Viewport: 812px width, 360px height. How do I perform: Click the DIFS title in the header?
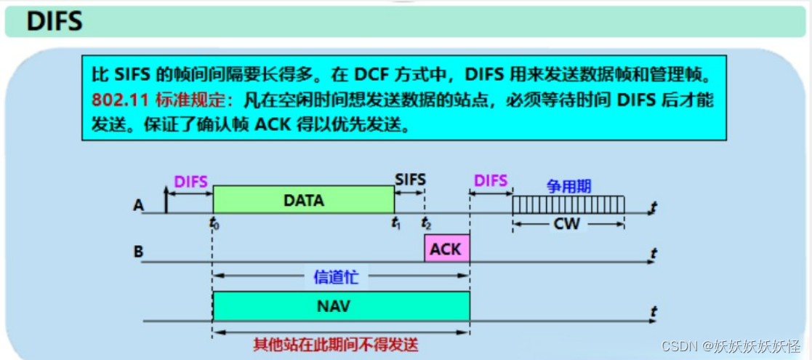(55, 21)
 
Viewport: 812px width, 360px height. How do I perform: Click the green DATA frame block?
(303, 200)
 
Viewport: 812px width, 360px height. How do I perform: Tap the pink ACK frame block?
(446, 249)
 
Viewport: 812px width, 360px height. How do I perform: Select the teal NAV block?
(341, 306)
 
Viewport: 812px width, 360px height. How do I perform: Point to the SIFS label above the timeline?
(410, 179)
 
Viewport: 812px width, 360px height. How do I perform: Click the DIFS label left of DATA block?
(191, 182)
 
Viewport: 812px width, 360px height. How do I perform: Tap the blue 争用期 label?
(568, 186)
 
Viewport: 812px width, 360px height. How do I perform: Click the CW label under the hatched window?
(567, 224)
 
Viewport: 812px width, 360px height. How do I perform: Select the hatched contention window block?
(568, 205)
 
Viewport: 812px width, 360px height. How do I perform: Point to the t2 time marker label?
(426, 223)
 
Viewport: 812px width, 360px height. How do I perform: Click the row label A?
(138, 206)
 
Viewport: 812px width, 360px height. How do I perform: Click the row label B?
(138, 254)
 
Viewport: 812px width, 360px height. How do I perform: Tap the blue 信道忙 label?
(336, 276)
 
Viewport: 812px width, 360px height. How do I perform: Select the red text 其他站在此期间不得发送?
(336, 344)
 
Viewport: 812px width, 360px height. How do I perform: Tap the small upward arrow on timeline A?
(166, 200)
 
